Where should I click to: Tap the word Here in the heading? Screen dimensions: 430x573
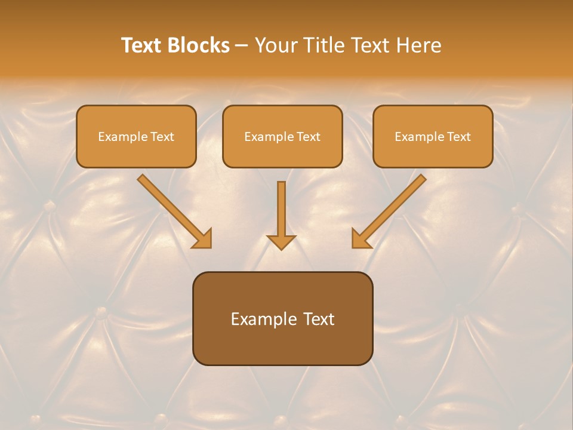419,45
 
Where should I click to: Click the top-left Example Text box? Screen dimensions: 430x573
136,136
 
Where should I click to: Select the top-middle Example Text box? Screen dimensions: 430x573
282,136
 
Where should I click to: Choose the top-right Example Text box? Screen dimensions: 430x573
433,136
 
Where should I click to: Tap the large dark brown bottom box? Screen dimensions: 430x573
282,318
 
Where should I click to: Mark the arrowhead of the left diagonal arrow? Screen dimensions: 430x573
203,239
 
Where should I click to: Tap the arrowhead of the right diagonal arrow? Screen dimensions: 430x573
360,239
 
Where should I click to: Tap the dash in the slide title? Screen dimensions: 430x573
242,46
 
